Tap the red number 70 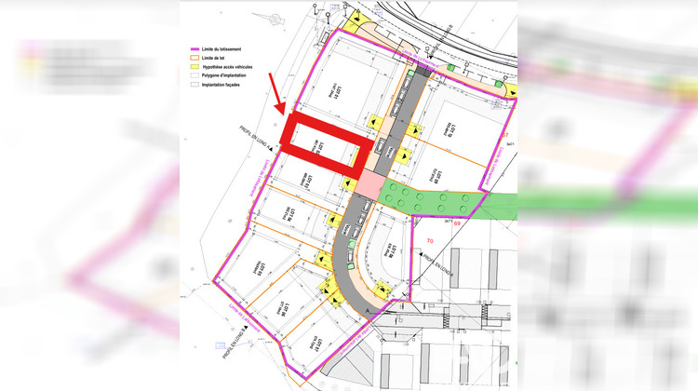430,241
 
